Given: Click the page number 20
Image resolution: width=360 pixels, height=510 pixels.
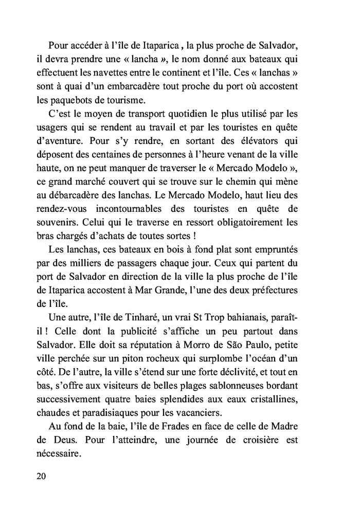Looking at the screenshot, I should [x=42, y=476].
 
